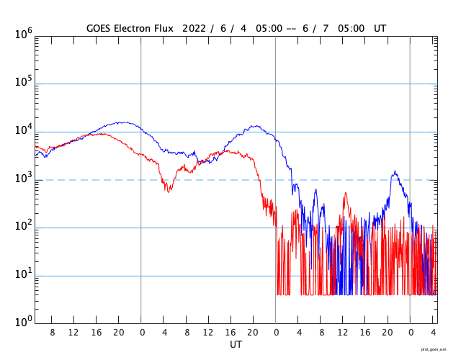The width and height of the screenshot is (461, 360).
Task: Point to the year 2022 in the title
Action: [x=194, y=28]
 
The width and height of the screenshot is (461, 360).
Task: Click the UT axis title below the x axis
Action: [x=236, y=345]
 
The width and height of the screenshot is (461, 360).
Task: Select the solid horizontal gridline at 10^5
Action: [x=216, y=84]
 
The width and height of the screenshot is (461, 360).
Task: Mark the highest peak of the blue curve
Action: [x=123, y=122]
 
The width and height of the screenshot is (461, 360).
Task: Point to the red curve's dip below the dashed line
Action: [x=169, y=190]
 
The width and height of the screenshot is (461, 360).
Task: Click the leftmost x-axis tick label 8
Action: [x=52, y=333]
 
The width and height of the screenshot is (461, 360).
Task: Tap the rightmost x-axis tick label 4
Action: [x=433, y=333]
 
